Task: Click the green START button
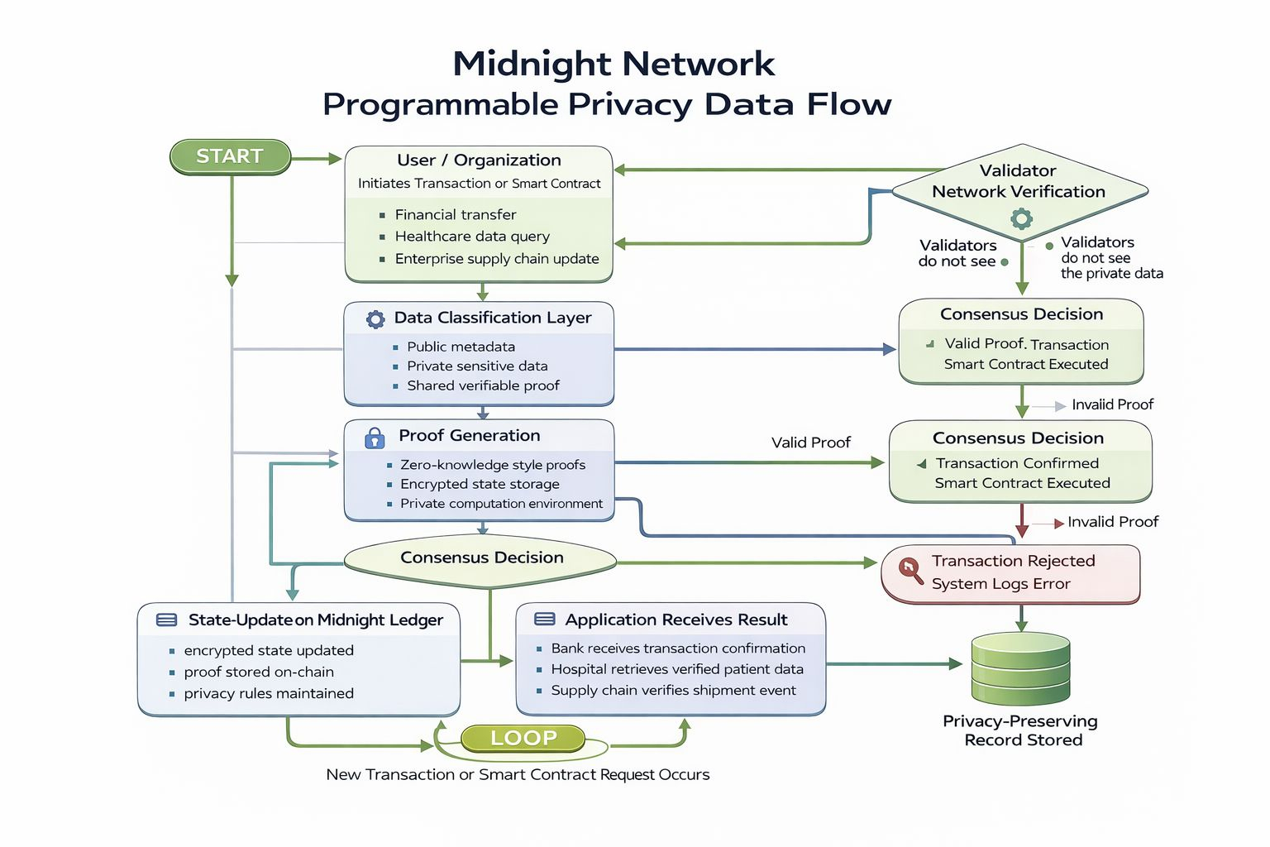tap(230, 156)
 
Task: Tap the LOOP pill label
tap(523, 738)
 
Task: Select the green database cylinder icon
tap(1021, 668)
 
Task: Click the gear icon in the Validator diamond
tap(1022, 218)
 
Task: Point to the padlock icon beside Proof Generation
tap(375, 438)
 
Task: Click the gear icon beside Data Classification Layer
tap(375, 319)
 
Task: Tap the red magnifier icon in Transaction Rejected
tap(910, 570)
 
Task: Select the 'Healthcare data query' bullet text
tap(472, 237)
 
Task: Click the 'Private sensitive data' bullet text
tap(477, 366)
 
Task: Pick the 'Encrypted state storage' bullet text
tap(480, 484)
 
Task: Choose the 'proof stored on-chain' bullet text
tap(259, 672)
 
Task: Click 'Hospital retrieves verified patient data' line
tap(677, 669)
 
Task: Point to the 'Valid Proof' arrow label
tap(810, 443)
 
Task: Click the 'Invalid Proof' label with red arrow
tap(1112, 522)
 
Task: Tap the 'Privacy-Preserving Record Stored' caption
tap(1021, 730)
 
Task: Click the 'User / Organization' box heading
tap(479, 160)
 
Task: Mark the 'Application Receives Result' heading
tap(676, 620)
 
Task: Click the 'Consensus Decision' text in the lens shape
tap(482, 557)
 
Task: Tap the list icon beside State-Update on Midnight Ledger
tap(167, 620)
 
